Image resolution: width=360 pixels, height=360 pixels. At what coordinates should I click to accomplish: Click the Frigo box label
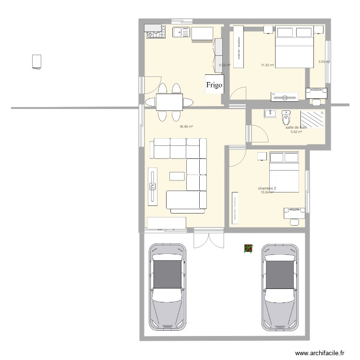(214, 85)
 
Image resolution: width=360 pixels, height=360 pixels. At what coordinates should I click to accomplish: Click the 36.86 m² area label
(186, 127)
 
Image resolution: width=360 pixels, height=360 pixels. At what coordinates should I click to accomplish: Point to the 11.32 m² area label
(267, 65)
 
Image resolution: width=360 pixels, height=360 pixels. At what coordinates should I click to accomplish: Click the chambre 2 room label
(267, 189)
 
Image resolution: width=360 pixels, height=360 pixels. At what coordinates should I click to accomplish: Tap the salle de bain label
(296, 127)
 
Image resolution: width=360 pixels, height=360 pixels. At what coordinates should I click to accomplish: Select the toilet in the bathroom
(286, 117)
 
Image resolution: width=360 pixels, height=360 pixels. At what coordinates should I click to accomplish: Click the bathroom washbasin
(269, 114)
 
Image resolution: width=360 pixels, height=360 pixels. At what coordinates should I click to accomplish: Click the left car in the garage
(167, 286)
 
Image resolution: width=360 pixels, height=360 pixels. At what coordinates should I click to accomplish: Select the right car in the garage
(280, 286)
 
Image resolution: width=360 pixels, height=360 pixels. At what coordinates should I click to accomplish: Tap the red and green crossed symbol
(248, 248)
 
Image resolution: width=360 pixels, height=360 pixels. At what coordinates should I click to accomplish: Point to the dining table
(169, 101)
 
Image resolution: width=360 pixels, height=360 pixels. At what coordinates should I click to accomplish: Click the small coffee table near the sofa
(177, 176)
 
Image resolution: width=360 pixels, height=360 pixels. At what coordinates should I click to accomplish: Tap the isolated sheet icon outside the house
(36, 62)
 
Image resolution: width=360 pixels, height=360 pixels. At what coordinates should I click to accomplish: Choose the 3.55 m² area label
(324, 61)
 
